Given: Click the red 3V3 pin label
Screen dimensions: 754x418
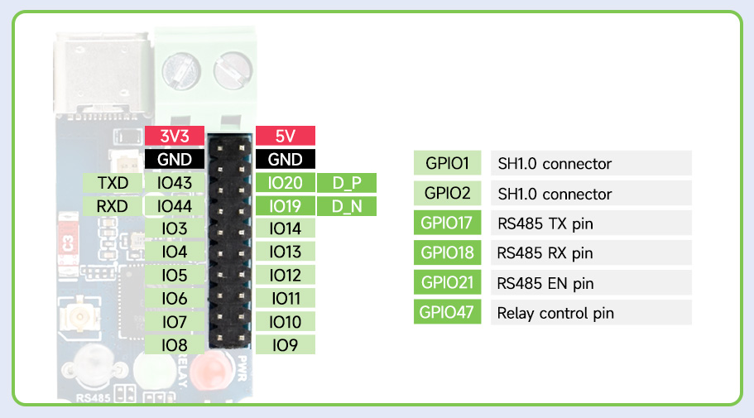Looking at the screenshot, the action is (175, 136).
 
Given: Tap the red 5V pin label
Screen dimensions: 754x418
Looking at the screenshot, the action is (286, 136).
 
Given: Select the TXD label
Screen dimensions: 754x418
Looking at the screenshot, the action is (113, 183).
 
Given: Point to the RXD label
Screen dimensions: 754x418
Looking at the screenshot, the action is (113, 206).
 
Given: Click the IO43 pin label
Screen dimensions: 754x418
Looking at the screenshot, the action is (175, 183).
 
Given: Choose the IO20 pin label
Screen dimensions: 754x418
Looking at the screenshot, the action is (286, 183).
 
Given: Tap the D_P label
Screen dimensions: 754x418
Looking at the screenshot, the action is (347, 183).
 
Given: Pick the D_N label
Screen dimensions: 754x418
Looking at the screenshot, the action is (347, 206).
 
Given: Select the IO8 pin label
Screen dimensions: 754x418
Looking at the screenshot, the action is (175, 345).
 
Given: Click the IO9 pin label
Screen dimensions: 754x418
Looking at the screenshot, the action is (286, 345).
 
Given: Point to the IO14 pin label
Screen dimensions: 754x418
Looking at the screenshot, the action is (286, 228).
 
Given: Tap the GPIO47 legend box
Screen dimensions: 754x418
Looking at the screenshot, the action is (447, 312).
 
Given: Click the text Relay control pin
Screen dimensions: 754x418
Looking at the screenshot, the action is (555, 313).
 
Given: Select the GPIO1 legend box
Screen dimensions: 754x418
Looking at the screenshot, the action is (447, 163).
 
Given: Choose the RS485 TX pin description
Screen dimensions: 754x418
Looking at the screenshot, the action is (545, 223).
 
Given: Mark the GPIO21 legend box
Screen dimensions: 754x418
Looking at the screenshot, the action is (447, 282).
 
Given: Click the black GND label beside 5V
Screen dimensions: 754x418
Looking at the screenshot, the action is (286, 159).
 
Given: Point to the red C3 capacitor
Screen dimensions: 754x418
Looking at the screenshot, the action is (68, 243).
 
